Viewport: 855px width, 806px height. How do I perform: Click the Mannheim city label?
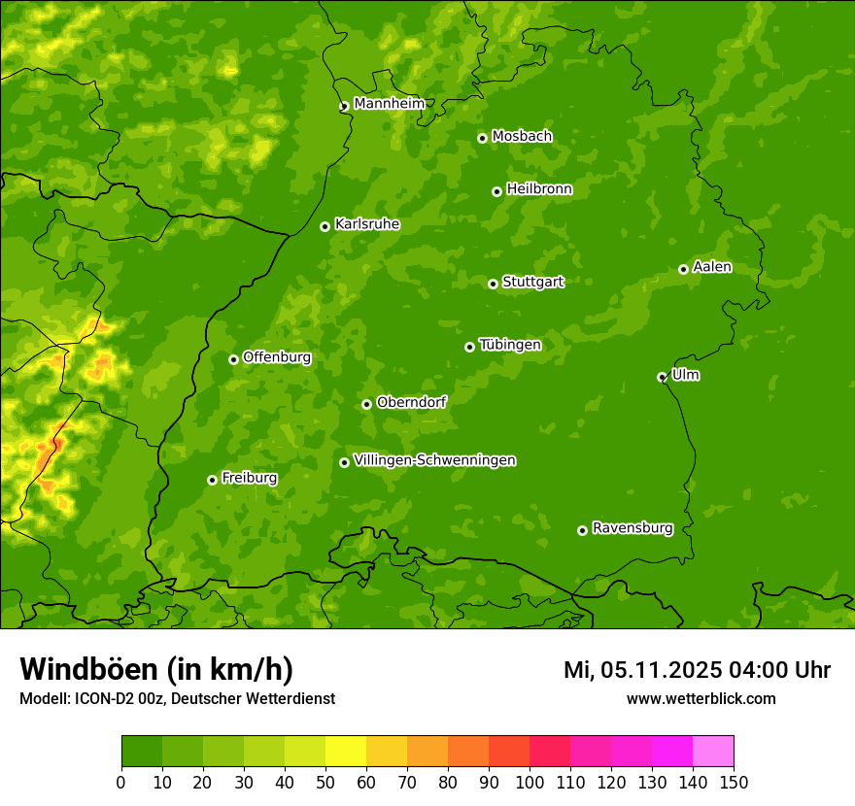click(389, 104)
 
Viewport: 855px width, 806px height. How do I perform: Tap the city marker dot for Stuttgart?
click(493, 284)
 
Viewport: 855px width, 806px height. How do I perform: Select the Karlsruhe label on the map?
click(366, 224)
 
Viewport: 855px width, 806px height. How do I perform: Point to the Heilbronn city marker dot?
click(496, 191)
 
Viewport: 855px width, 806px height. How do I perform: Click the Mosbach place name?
click(522, 137)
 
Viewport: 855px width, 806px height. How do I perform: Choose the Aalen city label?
click(711, 267)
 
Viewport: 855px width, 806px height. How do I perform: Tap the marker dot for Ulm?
click(662, 377)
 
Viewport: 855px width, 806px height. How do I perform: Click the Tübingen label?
click(510, 345)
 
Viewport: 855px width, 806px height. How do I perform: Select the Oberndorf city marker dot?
click(366, 404)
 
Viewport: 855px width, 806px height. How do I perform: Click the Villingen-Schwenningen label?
click(434, 460)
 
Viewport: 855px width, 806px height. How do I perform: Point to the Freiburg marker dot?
click(212, 480)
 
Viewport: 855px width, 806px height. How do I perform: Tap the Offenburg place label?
click(277, 357)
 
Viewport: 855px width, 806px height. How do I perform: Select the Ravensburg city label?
click(632, 528)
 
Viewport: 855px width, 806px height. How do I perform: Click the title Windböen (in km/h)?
click(155, 669)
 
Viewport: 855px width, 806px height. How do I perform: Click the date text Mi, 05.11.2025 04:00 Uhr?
click(697, 670)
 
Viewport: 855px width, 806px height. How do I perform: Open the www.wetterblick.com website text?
click(701, 698)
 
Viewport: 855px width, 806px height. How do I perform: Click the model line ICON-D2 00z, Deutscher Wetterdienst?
click(177, 698)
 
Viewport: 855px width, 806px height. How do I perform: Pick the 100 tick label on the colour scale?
click(530, 782)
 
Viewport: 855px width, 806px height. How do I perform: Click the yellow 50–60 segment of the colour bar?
click(346, 752)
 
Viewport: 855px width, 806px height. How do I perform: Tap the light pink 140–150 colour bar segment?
click(713, 752)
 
